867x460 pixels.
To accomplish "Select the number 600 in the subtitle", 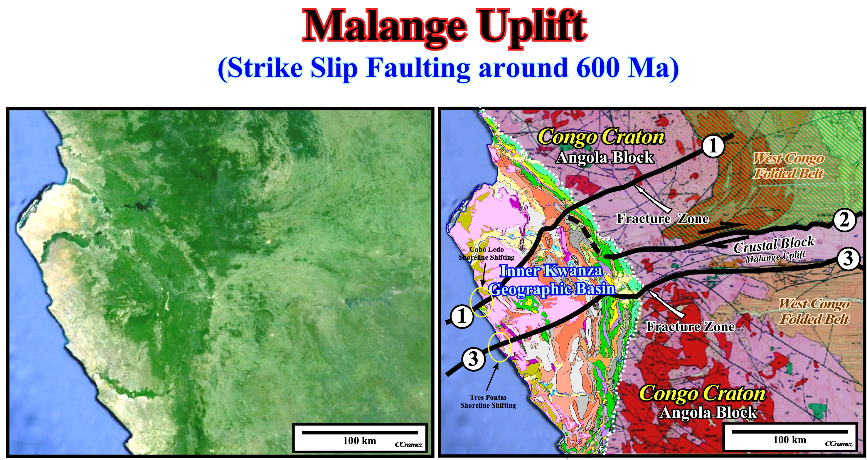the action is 598,67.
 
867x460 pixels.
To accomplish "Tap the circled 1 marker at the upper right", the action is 713,146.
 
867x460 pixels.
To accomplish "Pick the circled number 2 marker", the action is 844,220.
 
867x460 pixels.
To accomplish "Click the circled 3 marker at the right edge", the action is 848,258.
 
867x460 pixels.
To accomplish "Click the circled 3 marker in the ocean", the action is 474,359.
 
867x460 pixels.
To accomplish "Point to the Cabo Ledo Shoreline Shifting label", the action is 487,253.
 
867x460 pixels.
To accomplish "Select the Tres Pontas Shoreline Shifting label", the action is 488,402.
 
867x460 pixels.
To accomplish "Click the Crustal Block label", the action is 774,244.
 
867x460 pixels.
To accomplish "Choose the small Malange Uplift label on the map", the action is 775,257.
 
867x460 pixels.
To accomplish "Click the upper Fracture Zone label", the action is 662,219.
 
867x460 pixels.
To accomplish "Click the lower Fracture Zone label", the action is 690,326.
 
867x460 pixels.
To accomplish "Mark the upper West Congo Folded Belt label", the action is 789,166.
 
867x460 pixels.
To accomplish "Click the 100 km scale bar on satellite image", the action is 360,433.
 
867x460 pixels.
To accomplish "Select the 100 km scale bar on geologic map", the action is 789,432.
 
